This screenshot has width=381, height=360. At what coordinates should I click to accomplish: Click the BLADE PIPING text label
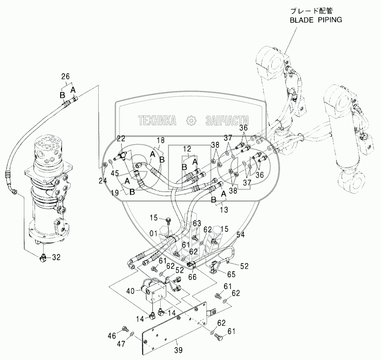tap(316, 20)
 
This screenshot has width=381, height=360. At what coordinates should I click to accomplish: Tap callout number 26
tap(65, 77)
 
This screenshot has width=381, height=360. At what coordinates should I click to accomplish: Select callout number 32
tap(56, 257)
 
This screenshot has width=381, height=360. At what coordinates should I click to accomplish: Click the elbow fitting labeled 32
tap(43, 258)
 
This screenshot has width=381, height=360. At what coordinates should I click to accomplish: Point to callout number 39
tap(178, 350)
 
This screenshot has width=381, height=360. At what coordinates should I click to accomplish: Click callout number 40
tap(130, 291)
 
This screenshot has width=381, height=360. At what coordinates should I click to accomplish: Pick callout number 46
tap(112, 336)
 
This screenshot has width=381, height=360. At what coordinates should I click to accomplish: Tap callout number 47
tap(121, 344)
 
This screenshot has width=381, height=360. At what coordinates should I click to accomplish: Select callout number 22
tap(121, 139)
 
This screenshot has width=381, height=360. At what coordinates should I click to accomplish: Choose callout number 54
tap(241, 235)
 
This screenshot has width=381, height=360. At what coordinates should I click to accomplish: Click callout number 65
tap(231, 275)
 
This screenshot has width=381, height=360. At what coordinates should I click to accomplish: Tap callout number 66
tap(193, 277)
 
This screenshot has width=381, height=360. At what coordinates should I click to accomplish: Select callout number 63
tap(197, 223)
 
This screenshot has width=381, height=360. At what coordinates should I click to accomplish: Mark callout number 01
tap(153, 234)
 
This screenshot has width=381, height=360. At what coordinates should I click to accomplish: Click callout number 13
tap(224, 209)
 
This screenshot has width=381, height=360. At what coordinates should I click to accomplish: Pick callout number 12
tap(187, 149)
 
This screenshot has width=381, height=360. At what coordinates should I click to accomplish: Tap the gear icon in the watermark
tap(191, 121)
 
